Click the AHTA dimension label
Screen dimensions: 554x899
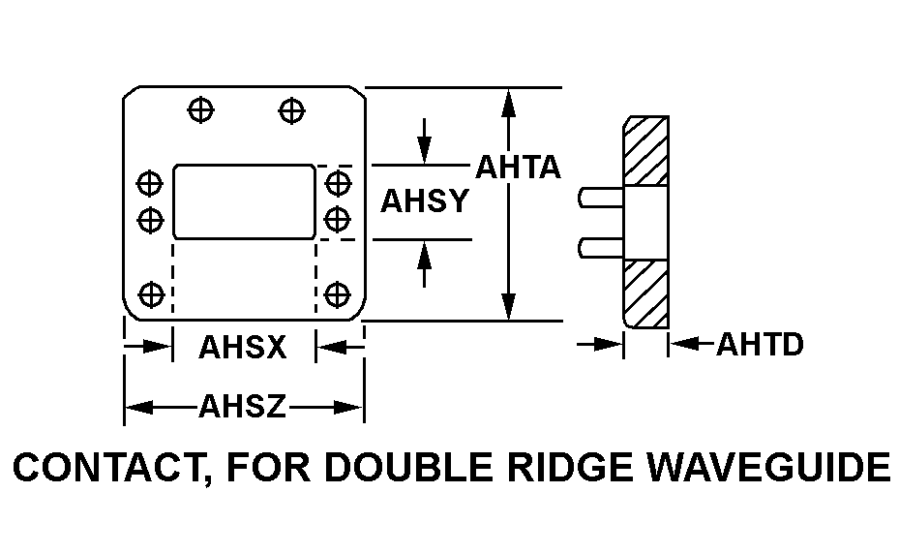(x=518, y=168)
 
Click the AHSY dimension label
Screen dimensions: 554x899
(x=424, y=201)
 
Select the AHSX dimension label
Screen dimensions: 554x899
(x=243, y=347)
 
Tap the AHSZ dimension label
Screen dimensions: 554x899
(x=243, y=407)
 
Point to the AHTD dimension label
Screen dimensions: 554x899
(x=760, y=344)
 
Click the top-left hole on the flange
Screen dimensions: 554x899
(x=200, y=109)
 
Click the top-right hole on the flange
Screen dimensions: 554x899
(x=288, y=109)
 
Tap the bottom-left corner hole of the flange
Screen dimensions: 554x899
(x=150, y=292)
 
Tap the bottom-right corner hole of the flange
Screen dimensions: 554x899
(x=337, y=292)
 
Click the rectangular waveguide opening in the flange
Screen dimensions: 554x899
(x=244, y=201)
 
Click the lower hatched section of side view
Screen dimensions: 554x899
(x=646, y=293)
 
